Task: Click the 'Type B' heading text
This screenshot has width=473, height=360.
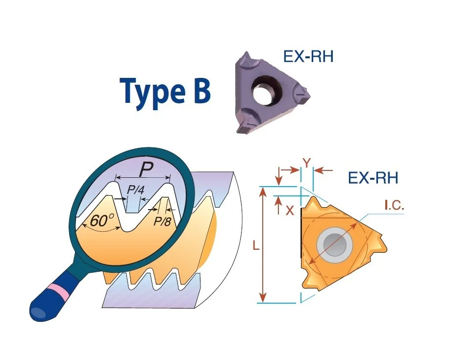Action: pyautogui.click(x=165, y=92)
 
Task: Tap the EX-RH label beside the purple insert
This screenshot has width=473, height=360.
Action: pyautogui.click(x=308, y=56)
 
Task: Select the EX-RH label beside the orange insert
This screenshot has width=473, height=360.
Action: pyautogui.click(x=373, y=178)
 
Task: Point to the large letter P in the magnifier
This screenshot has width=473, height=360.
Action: pyautogui.click(x=146, y=170)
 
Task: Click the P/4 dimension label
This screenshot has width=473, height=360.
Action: pyautogui.click(x=135, y=190)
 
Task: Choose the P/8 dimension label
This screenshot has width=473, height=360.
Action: pyautogui.click(x=162, y=221)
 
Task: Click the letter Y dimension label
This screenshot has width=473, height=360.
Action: pyautogui.click(x=307, y=164)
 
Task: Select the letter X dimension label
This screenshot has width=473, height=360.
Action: pyautogui.click(x=290, y=211)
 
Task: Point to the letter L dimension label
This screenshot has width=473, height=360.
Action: pyautogui.click(x=256, y=246)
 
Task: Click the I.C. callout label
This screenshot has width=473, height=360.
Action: pyautogui.click(x=394, y=206)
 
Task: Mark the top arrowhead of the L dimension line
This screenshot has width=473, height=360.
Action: pyautogui.click(x=263, y=190)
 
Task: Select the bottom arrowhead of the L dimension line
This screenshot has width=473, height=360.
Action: pyautogui.click(x=263, y=298)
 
